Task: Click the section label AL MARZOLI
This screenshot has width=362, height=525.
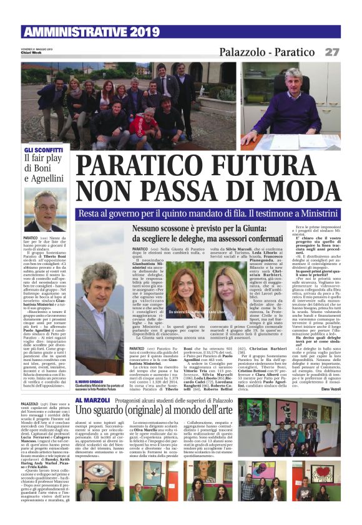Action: (x=91, y=380)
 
